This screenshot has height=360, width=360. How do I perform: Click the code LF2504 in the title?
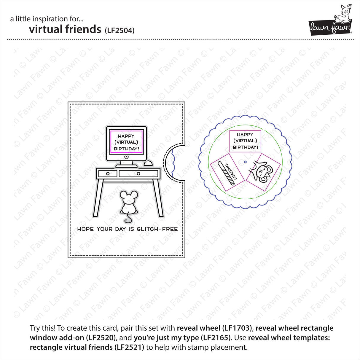pos(120,31)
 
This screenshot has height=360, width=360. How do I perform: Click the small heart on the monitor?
pos(126,157)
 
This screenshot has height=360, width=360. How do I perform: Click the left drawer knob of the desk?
pos(108,173)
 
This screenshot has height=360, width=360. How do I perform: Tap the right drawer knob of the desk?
pos(138,173)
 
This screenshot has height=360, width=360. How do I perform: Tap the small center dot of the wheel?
pos(245,162)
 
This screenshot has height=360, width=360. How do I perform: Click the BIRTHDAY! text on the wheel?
pos(245,147)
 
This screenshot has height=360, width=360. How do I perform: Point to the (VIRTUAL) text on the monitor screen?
pos(126,142)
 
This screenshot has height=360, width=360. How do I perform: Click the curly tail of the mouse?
pos(128,219)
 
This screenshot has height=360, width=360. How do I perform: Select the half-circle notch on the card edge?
pos(175,162)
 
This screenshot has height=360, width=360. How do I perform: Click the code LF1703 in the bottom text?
pos(237,328)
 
